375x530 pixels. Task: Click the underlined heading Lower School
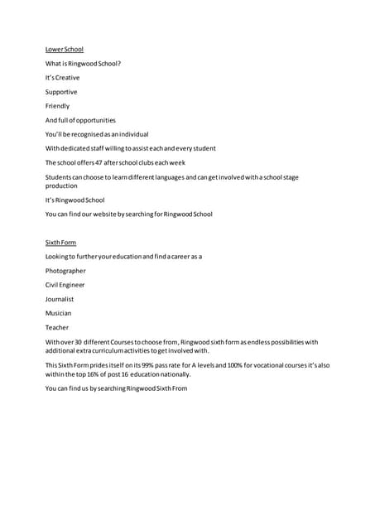point(64,50)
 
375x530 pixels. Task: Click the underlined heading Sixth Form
point(60,243)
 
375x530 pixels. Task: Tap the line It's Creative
point(62,78)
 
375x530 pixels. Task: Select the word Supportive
point(61,92)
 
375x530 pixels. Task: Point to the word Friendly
point(57,106)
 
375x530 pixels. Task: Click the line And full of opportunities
point(80,120)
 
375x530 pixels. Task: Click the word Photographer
point(65,271)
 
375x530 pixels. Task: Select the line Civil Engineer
point(65,285)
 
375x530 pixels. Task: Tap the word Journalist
point(60,299)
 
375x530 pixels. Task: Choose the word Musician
point(58,313)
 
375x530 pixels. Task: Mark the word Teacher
point(57,327)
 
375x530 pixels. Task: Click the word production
point(61,186)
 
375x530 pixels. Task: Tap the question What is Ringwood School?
point(83,64)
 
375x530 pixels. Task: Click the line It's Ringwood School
point(75,200)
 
